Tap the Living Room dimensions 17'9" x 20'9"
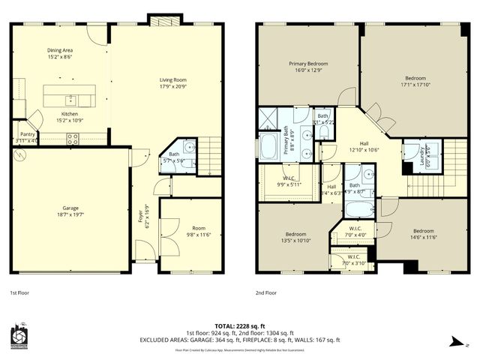point(172,86)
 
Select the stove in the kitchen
point(73,138)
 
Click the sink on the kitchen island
point(69,97)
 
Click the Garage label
point(71,208)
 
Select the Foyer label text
point(140,218)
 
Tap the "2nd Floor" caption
point(266,292)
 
